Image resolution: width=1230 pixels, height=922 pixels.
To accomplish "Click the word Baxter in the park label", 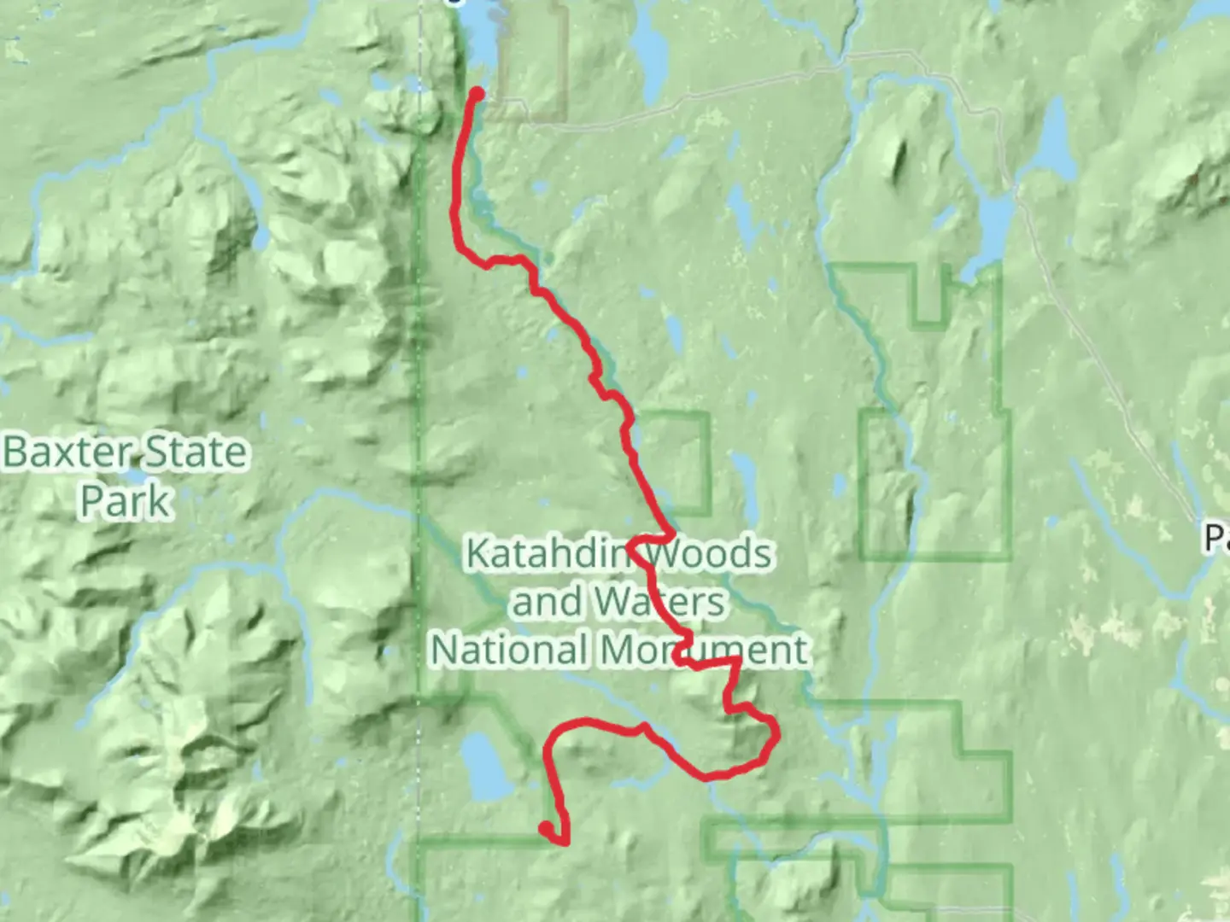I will click(x=68, y=452).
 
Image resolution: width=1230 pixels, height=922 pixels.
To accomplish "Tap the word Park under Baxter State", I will click(x=126, y=500).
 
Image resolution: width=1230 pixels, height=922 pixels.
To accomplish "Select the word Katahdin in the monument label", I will click(x=547, y=554).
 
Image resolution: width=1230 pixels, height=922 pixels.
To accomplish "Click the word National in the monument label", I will click(x=510, y=650).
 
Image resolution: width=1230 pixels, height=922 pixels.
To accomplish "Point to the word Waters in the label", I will click(x=659, y=602).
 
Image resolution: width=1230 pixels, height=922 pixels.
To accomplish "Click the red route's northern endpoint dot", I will click(x=477, y=94).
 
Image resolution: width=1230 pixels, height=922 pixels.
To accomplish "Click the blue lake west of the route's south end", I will click(x=483, y=766).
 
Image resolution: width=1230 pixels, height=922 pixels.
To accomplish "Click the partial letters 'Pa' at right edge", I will click(x=1216, y=538).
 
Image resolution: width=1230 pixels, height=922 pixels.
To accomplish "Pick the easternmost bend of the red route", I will click(x=776, y=732).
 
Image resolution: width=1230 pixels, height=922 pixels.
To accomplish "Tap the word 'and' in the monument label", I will click(x=547, y=602).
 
